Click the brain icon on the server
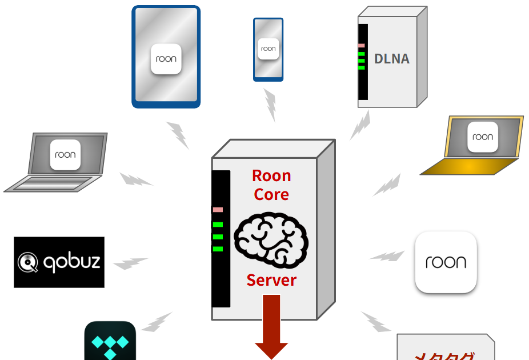pyautogui.click(x=271, y=237)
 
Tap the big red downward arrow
pyautogui.click(x=271, y=326)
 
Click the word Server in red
pyautogui.click(x=271, y=280)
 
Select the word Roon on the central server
pyautogui.click(x=271, y=175)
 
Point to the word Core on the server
pyautogui.click(x=271, y=194)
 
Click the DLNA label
pyautogui.click(x=392, y=59)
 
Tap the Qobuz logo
pyautogui.click(x=59, y=262)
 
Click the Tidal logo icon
pyautogui.click(x=110, y=345)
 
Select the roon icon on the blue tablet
pyautogui.click(x=166, y=59)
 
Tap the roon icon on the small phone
pyautogui.click(x=268, y=49)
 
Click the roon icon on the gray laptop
pyautogui.click(x=65, y=154)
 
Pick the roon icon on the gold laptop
pyautogui.click(x=483, y=137)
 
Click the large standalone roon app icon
pyautogui.click(x=446, y=262)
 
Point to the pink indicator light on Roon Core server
pyautogui.click(x=218, y=210)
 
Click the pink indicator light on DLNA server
pyautogui.click(x=361, y=45)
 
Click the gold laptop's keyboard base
pyautogui.click(x=468, y=166)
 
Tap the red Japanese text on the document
pyautogui.click(x=444, y=355)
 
